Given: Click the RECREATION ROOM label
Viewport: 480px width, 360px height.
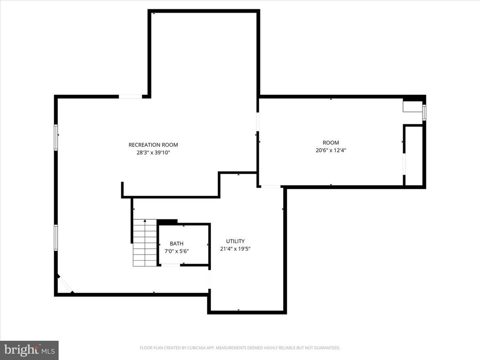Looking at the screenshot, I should (x=153, y=145).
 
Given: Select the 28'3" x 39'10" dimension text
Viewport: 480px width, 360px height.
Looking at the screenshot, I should (x=153, y=152).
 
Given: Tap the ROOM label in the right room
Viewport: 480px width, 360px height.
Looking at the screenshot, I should (x=330, y=142).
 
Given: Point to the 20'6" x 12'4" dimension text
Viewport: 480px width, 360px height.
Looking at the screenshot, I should (x=330, y=150).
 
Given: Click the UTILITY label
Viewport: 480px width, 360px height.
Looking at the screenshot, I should (x=235, y=241).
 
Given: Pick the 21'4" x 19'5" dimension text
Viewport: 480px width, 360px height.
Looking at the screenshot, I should (x=235, y=249).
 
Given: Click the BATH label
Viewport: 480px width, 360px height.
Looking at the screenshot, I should (x=177, y=243).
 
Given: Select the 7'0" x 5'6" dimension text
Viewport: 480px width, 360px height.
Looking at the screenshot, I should (x=177, y=251).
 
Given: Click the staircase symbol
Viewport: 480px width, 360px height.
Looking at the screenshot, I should (x=144, y=243).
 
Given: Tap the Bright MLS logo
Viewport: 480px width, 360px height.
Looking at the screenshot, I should (x=29, y=350).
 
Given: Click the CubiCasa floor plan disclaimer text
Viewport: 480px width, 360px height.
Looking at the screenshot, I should (x=240, y=348).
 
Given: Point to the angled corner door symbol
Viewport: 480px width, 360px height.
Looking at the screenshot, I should (x=65, y=284).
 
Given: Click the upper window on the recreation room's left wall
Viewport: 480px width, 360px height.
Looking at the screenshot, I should (x=56, y=137).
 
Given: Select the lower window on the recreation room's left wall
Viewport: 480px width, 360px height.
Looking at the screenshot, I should (x=56, y=237).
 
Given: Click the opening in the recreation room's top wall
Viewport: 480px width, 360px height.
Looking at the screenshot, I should (x=130, y=97).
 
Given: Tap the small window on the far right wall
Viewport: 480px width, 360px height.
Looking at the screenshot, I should (x=424, y=112).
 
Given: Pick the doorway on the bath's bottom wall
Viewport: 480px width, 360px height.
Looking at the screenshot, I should (x=171, y=265).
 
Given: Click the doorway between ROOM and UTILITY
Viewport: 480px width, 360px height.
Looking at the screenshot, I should (x=270, y=187).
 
